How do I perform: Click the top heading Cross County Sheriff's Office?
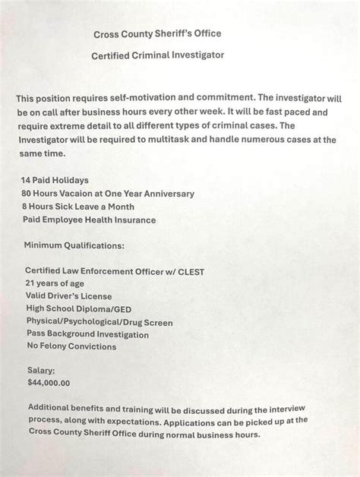157,34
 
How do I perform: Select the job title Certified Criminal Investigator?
157,55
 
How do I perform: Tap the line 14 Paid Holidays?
55,180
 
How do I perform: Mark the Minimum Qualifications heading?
74,246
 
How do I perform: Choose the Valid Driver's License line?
68,296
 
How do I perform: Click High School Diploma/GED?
79,309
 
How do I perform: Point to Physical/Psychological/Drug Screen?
99,322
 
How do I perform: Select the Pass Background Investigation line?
87,334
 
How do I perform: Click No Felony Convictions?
71,346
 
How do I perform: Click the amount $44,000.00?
49,383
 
